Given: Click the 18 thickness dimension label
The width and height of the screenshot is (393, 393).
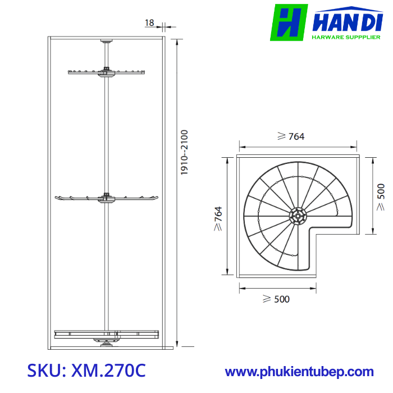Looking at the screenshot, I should [x=149, y=23].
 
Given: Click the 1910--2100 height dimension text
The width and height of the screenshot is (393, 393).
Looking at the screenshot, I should [x=185, y=153].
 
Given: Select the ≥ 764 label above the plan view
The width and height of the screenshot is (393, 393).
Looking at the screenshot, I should [x=291, y=136].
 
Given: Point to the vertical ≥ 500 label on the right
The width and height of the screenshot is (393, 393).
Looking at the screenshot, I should [x=381, y=196].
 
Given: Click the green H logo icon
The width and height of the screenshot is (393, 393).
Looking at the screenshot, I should [x=289, y=22].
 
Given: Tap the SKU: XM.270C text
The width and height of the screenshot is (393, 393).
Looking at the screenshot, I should [x=86, y=371].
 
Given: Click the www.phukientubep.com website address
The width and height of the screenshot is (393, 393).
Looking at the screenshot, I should [x=299, y=372].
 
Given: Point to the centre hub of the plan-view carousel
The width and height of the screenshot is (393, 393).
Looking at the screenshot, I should [x=298, y=216].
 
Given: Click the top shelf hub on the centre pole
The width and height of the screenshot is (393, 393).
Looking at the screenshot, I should [x=106, y=71].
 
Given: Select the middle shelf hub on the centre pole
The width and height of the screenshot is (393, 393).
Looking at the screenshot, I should [x=106, y=197].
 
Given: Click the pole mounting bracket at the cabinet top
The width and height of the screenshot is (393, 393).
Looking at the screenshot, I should [x=106, y=41].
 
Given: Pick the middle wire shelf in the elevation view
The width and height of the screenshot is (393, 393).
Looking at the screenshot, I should [x=79, y=198].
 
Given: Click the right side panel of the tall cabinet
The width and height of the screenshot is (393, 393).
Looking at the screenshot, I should [x=163, y=191].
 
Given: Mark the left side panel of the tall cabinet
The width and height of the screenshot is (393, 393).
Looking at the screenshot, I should [x=49, y=191].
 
